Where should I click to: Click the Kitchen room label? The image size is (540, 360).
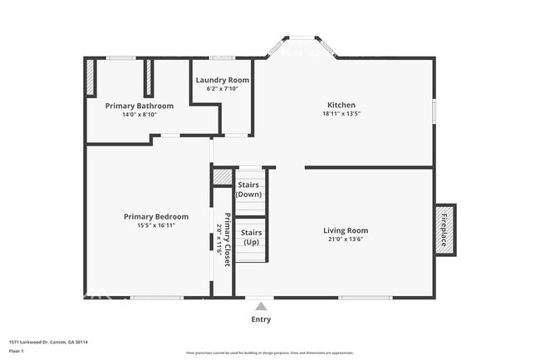point(342,106)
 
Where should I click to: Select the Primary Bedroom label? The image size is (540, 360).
point(156,216)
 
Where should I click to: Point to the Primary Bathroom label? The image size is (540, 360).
point(139,106)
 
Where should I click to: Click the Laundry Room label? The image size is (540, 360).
point(222,81)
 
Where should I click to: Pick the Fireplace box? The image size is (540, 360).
point(444,230)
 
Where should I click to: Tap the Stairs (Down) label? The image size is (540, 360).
point(248,190)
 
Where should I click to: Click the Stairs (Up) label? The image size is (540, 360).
point(250,238)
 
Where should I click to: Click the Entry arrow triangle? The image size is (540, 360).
point(261,307)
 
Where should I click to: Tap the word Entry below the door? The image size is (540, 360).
point(261,319)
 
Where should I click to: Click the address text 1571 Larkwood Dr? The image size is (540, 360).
point(48,342)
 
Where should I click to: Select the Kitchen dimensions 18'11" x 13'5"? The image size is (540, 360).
point(342,114)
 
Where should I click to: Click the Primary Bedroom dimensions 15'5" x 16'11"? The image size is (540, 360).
point(156,225)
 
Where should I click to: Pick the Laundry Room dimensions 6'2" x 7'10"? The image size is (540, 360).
point(222,89)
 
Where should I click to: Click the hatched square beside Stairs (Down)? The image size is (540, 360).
point(222,176)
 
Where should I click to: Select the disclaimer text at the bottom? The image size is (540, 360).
point(269,353)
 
